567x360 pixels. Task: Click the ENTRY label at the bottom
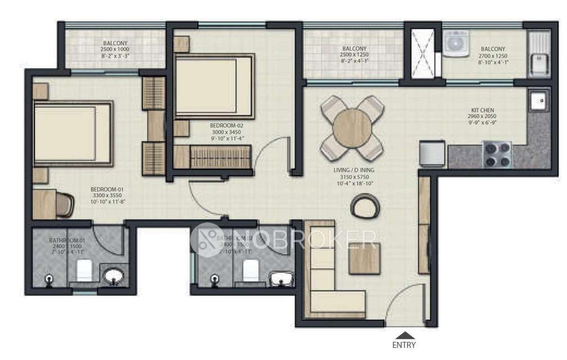(x=404, y=345)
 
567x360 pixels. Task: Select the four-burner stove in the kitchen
(x=497, y=155)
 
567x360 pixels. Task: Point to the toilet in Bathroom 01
(x=84, y=271)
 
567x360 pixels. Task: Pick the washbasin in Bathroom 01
(x=116, y=276)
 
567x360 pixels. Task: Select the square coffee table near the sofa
(x=364, y=258)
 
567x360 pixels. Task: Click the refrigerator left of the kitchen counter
(x=433, y=153)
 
